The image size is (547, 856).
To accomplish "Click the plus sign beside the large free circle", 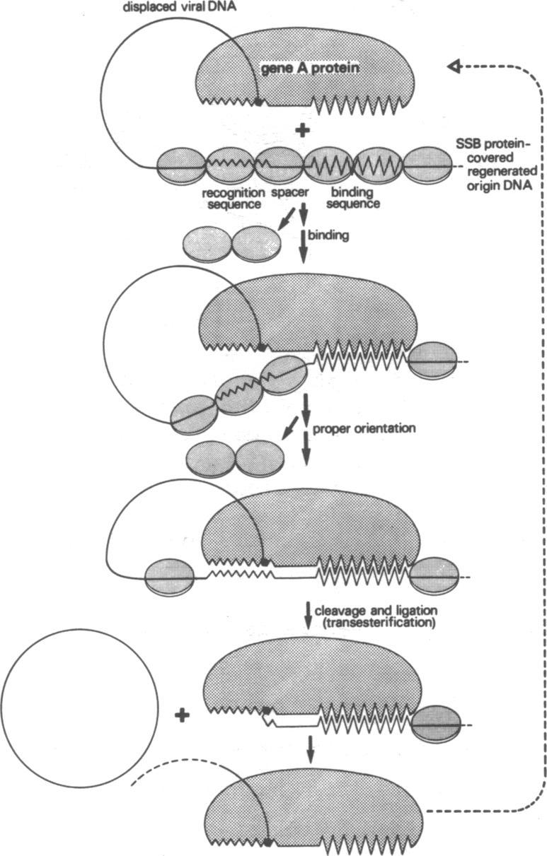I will click(183, 716).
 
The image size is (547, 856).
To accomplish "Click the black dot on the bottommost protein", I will click(267, 842).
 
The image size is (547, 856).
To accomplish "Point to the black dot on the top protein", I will click(258, 102).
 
